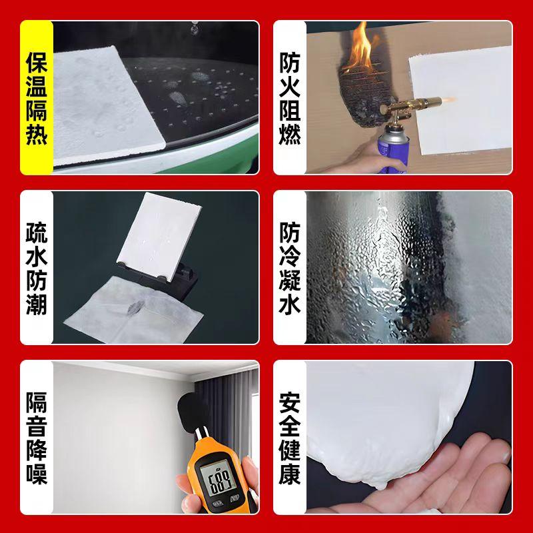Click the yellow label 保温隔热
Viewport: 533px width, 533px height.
(37, 98)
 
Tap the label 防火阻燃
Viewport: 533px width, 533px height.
(290, 98)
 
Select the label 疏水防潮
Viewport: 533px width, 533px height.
(37, 268)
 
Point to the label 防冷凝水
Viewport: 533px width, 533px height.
(290, 268)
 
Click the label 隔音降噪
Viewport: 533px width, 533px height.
(37, 438)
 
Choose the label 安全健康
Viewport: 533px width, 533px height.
(290, 438)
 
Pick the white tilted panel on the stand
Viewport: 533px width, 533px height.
(158, 237)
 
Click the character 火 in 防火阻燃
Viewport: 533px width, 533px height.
(290, 87)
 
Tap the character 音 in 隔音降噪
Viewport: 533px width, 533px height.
(37, 426)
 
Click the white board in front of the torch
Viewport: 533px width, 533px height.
(460, 101)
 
